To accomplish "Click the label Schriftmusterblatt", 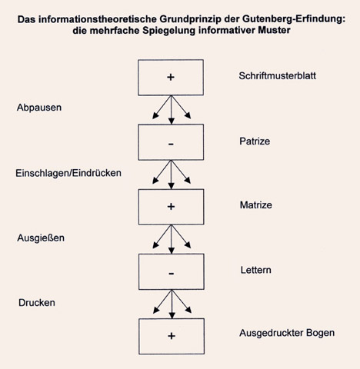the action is click(277, 76).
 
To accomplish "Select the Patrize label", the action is click(255, 141).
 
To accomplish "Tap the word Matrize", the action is click(256, 205).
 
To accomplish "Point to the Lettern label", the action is click(255, 270).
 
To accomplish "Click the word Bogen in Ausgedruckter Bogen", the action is click(320, 333).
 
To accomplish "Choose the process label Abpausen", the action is click(39, 108).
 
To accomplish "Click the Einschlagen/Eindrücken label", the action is click(68, 173).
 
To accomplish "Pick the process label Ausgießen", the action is click(41, 238).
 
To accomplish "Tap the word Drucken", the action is click(37, 303).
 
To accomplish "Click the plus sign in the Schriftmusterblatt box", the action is click(171, 77).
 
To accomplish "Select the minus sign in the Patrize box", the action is click(171, 145).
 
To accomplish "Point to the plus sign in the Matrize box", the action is click(171, 207).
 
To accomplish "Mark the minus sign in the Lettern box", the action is click(172, 274).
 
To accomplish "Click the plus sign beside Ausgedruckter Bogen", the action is click(172, 336).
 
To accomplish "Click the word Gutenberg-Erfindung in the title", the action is click(294, 19).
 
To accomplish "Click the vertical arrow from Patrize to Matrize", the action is click(172, 175).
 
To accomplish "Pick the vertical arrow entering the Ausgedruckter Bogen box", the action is click(172, 304).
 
